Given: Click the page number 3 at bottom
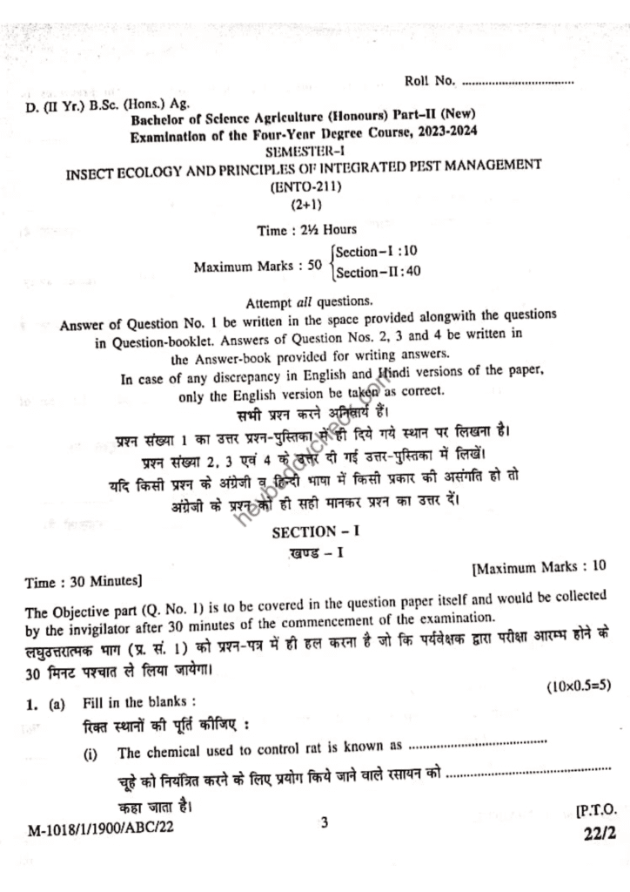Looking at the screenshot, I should pyautogui.click(x=324, y=821).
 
